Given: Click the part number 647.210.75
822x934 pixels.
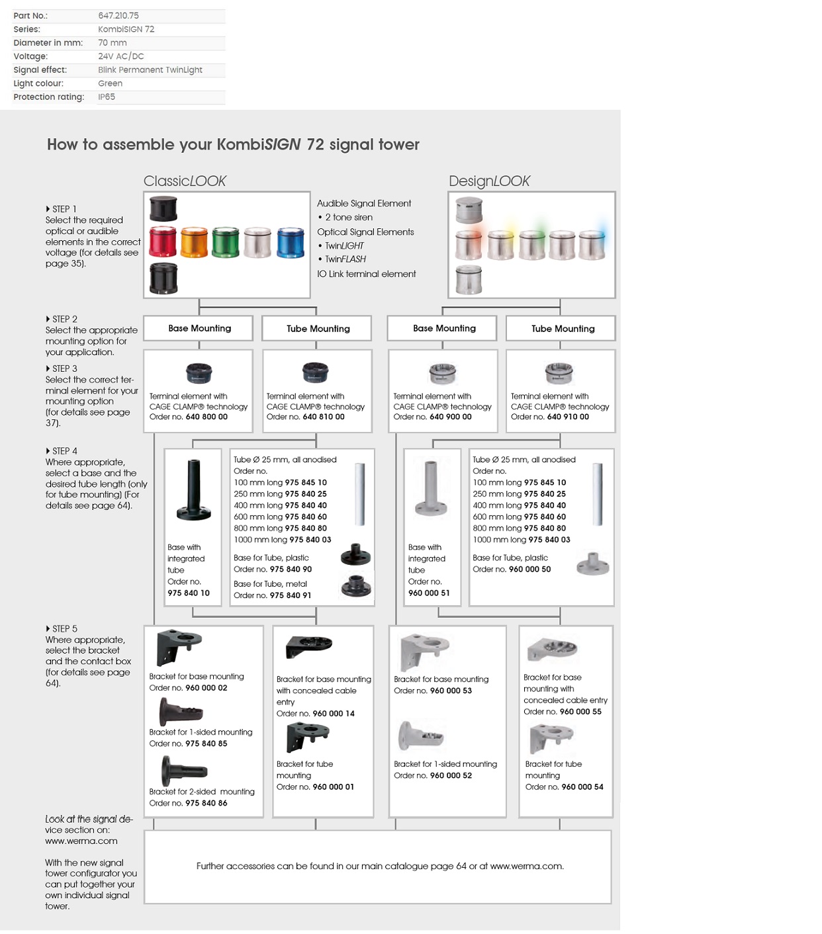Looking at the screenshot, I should click(118, 15).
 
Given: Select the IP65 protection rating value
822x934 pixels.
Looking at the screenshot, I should click(107, 97).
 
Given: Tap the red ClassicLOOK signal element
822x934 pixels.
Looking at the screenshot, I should click(163, 242).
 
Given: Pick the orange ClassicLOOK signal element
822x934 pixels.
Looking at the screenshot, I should click(194, 242).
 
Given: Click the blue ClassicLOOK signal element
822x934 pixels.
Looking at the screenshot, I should click(290, 242).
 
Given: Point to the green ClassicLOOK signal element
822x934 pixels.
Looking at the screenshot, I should click(225, 242).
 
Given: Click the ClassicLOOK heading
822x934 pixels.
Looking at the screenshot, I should click(185, 181).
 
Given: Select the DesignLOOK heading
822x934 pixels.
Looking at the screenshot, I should click(489, 181).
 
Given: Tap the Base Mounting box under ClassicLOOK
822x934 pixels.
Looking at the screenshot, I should click(199, 328).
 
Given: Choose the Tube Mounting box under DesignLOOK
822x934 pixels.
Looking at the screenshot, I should click(563, 328).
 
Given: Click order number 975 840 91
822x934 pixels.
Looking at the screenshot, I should click(291, 595).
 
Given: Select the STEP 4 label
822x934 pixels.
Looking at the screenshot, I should click(62, 451).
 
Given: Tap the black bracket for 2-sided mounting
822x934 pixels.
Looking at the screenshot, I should click(183, 771).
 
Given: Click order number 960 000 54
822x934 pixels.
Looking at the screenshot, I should click(582, 787).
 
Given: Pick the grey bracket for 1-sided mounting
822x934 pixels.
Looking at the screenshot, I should click(420, 736).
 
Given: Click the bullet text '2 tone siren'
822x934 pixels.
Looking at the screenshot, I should click(349, 217).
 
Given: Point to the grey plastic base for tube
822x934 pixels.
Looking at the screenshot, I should click(592, 564).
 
